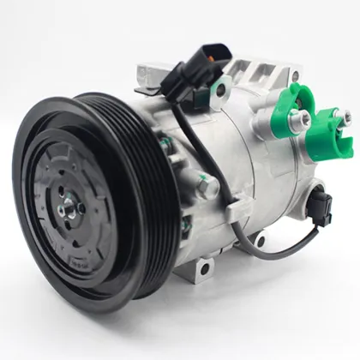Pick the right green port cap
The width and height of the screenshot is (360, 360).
pos(331,129)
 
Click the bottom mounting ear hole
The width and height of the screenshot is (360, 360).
pos(204,271)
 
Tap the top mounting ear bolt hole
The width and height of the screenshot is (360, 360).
pos(221,89)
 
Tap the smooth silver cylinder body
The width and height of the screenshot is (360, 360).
pos(249,171)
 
